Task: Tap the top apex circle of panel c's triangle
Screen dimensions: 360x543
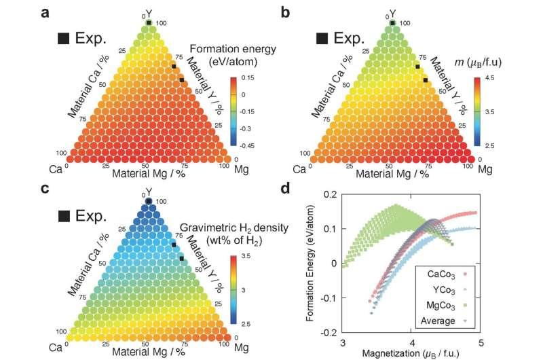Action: (149, 202)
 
